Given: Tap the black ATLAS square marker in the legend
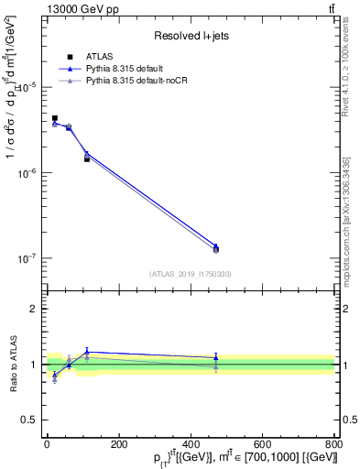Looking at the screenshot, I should point(70,57).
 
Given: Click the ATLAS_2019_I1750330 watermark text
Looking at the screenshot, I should point(191,274).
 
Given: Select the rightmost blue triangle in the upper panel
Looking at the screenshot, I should point(215,246).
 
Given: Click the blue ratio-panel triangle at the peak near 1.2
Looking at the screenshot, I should point(87,352).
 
